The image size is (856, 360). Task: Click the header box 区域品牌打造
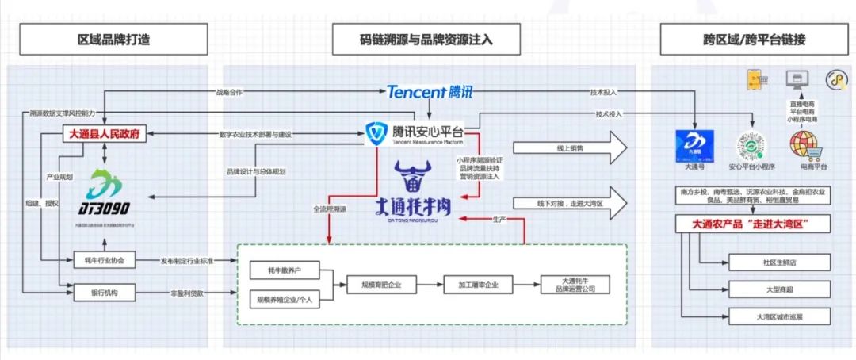coord(114,39)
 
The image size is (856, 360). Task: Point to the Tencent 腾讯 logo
coord(430,92)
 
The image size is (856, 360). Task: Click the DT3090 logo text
coord(99,209)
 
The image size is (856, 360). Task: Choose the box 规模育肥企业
coord(381,285)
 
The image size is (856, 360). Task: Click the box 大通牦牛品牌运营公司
coord(578,285)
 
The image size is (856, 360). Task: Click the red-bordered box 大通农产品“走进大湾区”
coord(753,224)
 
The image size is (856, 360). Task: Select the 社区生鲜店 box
coord(779,262)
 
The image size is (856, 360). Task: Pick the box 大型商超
coord(779,289)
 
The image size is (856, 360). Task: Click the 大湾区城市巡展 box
coord(779,316)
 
